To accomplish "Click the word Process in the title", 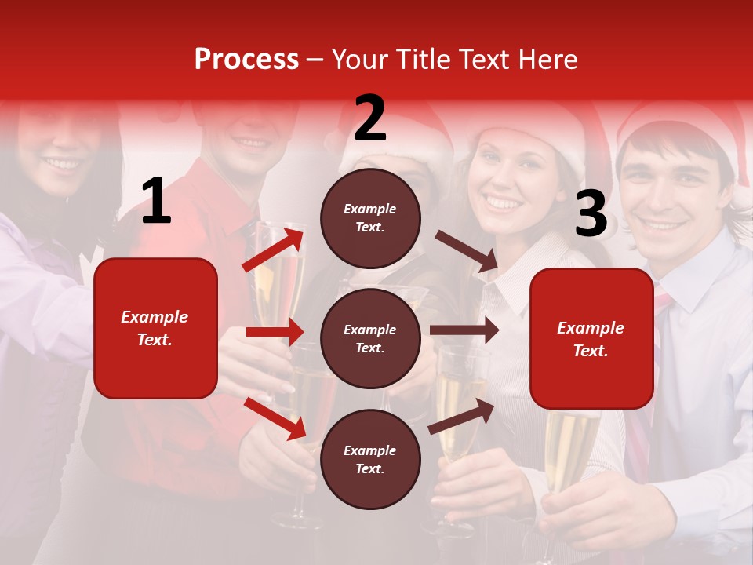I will (246, 60).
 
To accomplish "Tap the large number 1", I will (156, 202).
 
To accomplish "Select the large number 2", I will (370, 118).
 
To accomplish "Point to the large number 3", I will (591, 213).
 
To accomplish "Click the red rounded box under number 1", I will (155, 328).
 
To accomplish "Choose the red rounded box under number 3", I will (591, 338).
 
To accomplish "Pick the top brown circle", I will (370, 218).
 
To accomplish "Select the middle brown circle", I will (370, 338).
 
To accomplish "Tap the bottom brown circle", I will (370, 459).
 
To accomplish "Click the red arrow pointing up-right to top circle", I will (274, 248).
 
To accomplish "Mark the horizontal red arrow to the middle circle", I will (275, 332).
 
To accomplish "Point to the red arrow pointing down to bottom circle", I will (275, 417).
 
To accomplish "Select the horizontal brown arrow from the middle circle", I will (464, 330).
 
